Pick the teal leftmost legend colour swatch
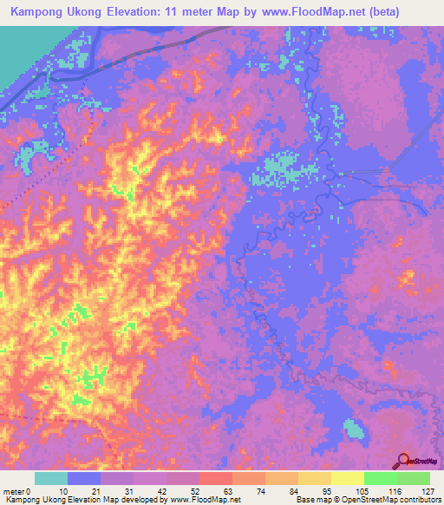pos(51,478)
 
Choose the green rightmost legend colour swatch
pos(414,478)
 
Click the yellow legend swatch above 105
pos(347,478)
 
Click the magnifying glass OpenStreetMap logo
pos(402,462)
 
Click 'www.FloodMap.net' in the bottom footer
pos(206,500)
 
